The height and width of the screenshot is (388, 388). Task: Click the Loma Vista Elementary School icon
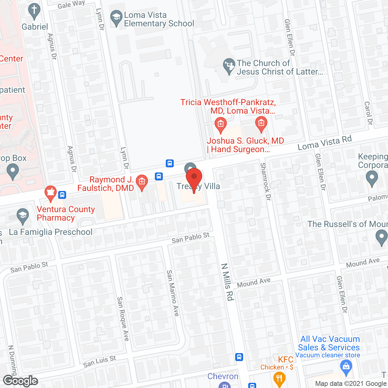point(116,18)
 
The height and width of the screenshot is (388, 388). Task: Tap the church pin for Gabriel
point(34,12)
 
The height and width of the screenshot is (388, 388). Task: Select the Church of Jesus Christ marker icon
point(229,66)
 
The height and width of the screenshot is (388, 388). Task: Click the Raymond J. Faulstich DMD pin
point(142,182)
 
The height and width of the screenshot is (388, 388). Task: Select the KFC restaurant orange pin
point(279,379)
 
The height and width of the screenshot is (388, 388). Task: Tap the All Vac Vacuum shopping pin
point(346,367)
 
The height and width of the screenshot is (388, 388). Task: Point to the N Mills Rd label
point(228,282)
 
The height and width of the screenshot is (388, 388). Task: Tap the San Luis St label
point(99,361)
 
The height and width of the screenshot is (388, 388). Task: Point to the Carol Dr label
point(368,113)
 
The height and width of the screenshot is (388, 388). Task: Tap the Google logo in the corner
point(20,381)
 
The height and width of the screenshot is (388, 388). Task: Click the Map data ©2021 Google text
point(351,384)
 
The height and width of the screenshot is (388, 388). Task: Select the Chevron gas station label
point(223,376)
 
